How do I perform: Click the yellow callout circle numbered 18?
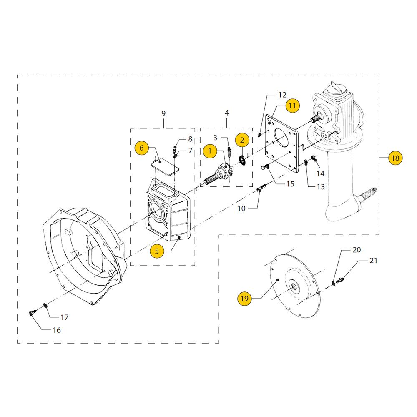(x=395, y=158)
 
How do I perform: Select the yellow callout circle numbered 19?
(x=244, y=299)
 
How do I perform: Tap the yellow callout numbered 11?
(x=292, y=106)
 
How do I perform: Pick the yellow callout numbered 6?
(x=141, y=148)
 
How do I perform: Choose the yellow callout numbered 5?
(x=157, y=251)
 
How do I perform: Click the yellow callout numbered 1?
(x=210, y=151)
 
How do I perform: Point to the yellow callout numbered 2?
(x=242, y=140)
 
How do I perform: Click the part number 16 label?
(x=57, y=330)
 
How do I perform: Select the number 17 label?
(x=65, y=317)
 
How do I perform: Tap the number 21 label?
(x=373, y=260)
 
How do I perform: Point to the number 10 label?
(x=241, y=208)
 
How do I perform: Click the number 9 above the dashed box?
(x=163, y=113)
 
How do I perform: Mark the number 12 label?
(x=282, y=95)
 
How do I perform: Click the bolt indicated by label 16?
(x=32, y=314)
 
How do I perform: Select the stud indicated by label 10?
(x=261, y=188)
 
